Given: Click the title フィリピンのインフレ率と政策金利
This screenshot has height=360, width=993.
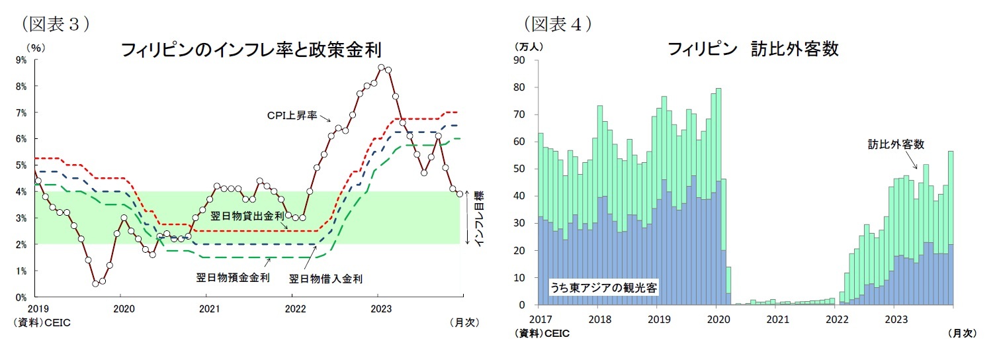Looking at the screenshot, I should click(x=251, y=50).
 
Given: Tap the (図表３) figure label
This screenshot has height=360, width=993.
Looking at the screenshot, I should click(x=56, y=24).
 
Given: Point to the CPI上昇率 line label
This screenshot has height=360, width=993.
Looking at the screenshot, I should click(x=293, y=116).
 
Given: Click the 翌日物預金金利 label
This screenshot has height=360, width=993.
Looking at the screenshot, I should click(x=233, y=277).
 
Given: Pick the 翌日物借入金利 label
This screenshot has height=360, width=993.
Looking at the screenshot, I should click(x=325, y=279).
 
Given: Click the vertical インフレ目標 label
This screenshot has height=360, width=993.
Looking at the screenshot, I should click(x=480, y=219).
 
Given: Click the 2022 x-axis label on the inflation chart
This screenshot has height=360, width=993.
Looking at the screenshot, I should click(x=295, y=308).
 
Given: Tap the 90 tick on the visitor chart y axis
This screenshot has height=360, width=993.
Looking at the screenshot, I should click(x=519, y=60).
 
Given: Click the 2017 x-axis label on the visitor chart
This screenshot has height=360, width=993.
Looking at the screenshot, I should click(x=538, y=319).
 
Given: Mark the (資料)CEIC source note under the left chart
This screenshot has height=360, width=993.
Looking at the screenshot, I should click(x=42, y=322).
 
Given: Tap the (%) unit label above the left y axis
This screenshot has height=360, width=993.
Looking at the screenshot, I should click(x=36, y=48).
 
